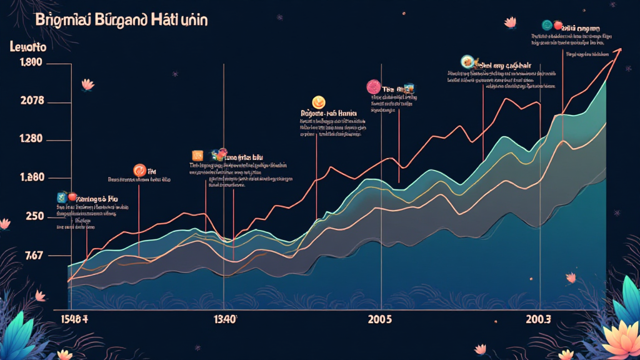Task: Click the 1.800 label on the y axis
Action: [x=31, y=62]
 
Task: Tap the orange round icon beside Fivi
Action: [x=139, y=169]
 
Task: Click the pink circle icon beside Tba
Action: [x=372, y=86]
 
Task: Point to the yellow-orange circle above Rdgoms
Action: [x=317, y=102]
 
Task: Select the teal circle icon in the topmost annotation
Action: [x=547, y=25]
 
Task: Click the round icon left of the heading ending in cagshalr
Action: [x=466, y=61]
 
